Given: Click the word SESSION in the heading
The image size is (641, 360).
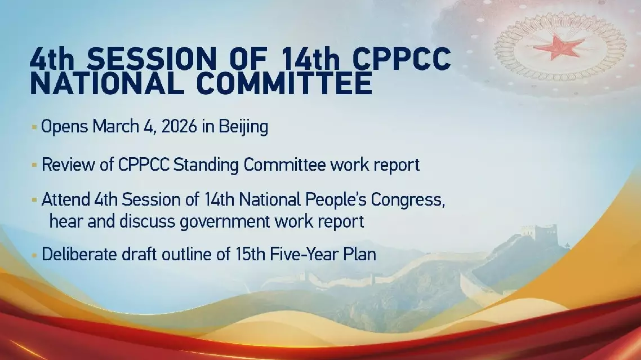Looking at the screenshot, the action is (x=152, y=59).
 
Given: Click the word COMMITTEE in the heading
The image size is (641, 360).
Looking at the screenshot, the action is (x=284, y=83).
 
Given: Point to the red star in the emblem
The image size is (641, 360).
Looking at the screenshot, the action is (x=559, y=47).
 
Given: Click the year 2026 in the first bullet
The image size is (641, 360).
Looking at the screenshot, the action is (x=179, y=126).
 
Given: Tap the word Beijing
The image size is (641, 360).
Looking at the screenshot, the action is (x=243, y=127).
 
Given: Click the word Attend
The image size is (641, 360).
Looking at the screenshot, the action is (x=66, y=199).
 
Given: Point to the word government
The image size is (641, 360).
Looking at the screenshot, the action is (x=225, y=222).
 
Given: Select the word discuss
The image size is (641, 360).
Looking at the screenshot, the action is (x=148, y=221).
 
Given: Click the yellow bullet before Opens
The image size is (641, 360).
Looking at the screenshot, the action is (x=34, y=127).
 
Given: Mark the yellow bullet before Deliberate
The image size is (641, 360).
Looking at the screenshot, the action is (x=34, y=255).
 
